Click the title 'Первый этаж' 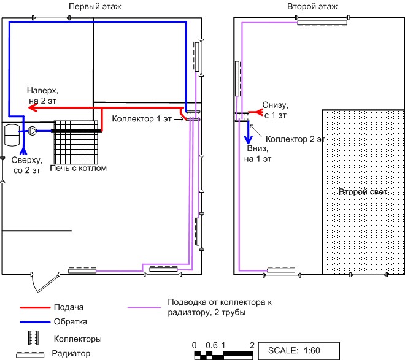click(94, 6)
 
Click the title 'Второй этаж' click(312, 6)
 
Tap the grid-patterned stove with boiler click(76, 142)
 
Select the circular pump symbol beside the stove click(33, 131)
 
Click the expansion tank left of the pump click(12, 135)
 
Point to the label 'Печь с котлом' click(79, 168)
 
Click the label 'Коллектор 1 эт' click(142, 119)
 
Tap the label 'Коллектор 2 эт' click(295, 139)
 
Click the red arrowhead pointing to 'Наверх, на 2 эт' click(33, 107)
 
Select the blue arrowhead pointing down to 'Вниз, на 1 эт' click(249, 140)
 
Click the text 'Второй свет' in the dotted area click(363, 192)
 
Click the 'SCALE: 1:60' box click(299, 350)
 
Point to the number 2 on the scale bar click(252, 345)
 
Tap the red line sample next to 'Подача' click(35, 307)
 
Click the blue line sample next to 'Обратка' click(35, 322)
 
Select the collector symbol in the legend click(34, 337)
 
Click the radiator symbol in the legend click(30, 354)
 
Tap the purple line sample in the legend click(144, 307)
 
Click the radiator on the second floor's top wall click(322, 23)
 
